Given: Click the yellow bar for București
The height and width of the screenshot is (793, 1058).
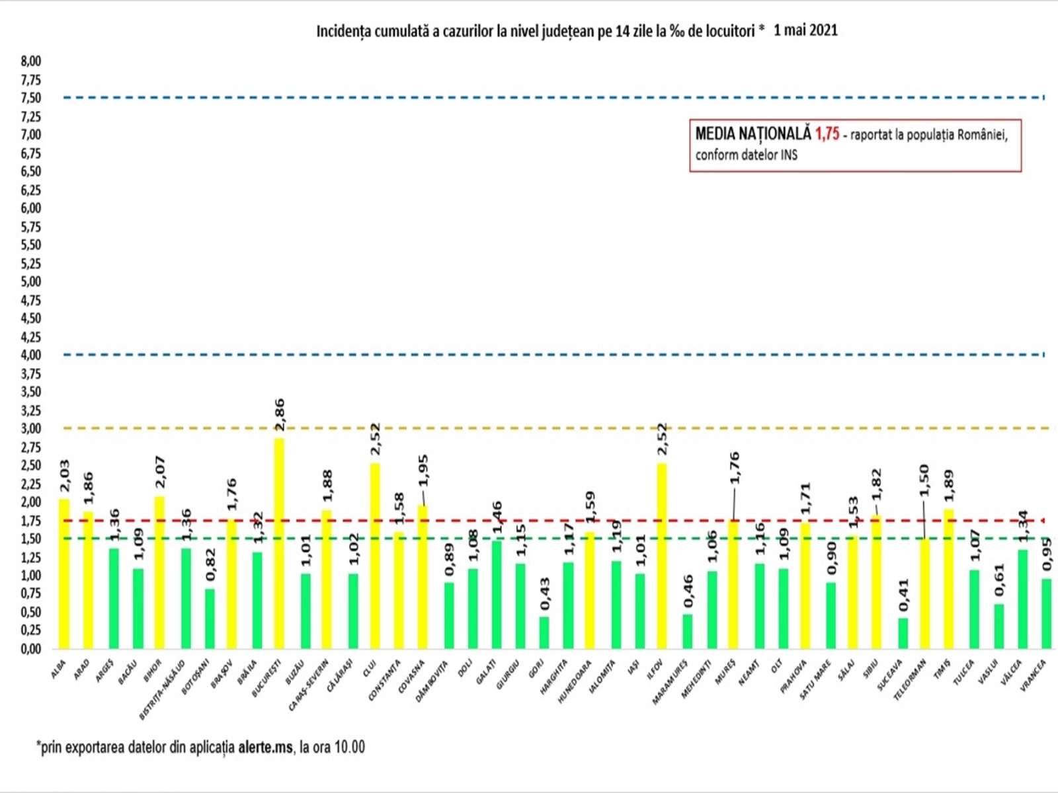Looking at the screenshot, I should point(279,543).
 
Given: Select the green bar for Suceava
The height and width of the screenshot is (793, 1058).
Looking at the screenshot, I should point(903,633).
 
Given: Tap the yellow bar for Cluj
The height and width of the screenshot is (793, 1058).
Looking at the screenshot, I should point(375,556).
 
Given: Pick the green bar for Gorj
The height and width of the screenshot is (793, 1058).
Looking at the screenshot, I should point(544,632).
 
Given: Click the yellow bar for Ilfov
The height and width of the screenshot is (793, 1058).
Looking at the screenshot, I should point(661,556).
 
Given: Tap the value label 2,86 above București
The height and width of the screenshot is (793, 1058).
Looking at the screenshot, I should point(279,415).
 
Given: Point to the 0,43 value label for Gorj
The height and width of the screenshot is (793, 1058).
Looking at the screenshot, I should point(544,594).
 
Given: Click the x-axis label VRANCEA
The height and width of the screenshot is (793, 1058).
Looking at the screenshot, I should point(1033,675).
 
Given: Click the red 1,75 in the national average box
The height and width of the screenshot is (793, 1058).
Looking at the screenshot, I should point(827,134).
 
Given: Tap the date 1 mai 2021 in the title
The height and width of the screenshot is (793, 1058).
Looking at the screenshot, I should point(805,30).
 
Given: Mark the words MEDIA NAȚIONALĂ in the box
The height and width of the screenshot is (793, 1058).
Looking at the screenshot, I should point(753,134).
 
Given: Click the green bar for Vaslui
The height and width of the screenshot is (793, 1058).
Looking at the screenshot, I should point(998,626).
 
